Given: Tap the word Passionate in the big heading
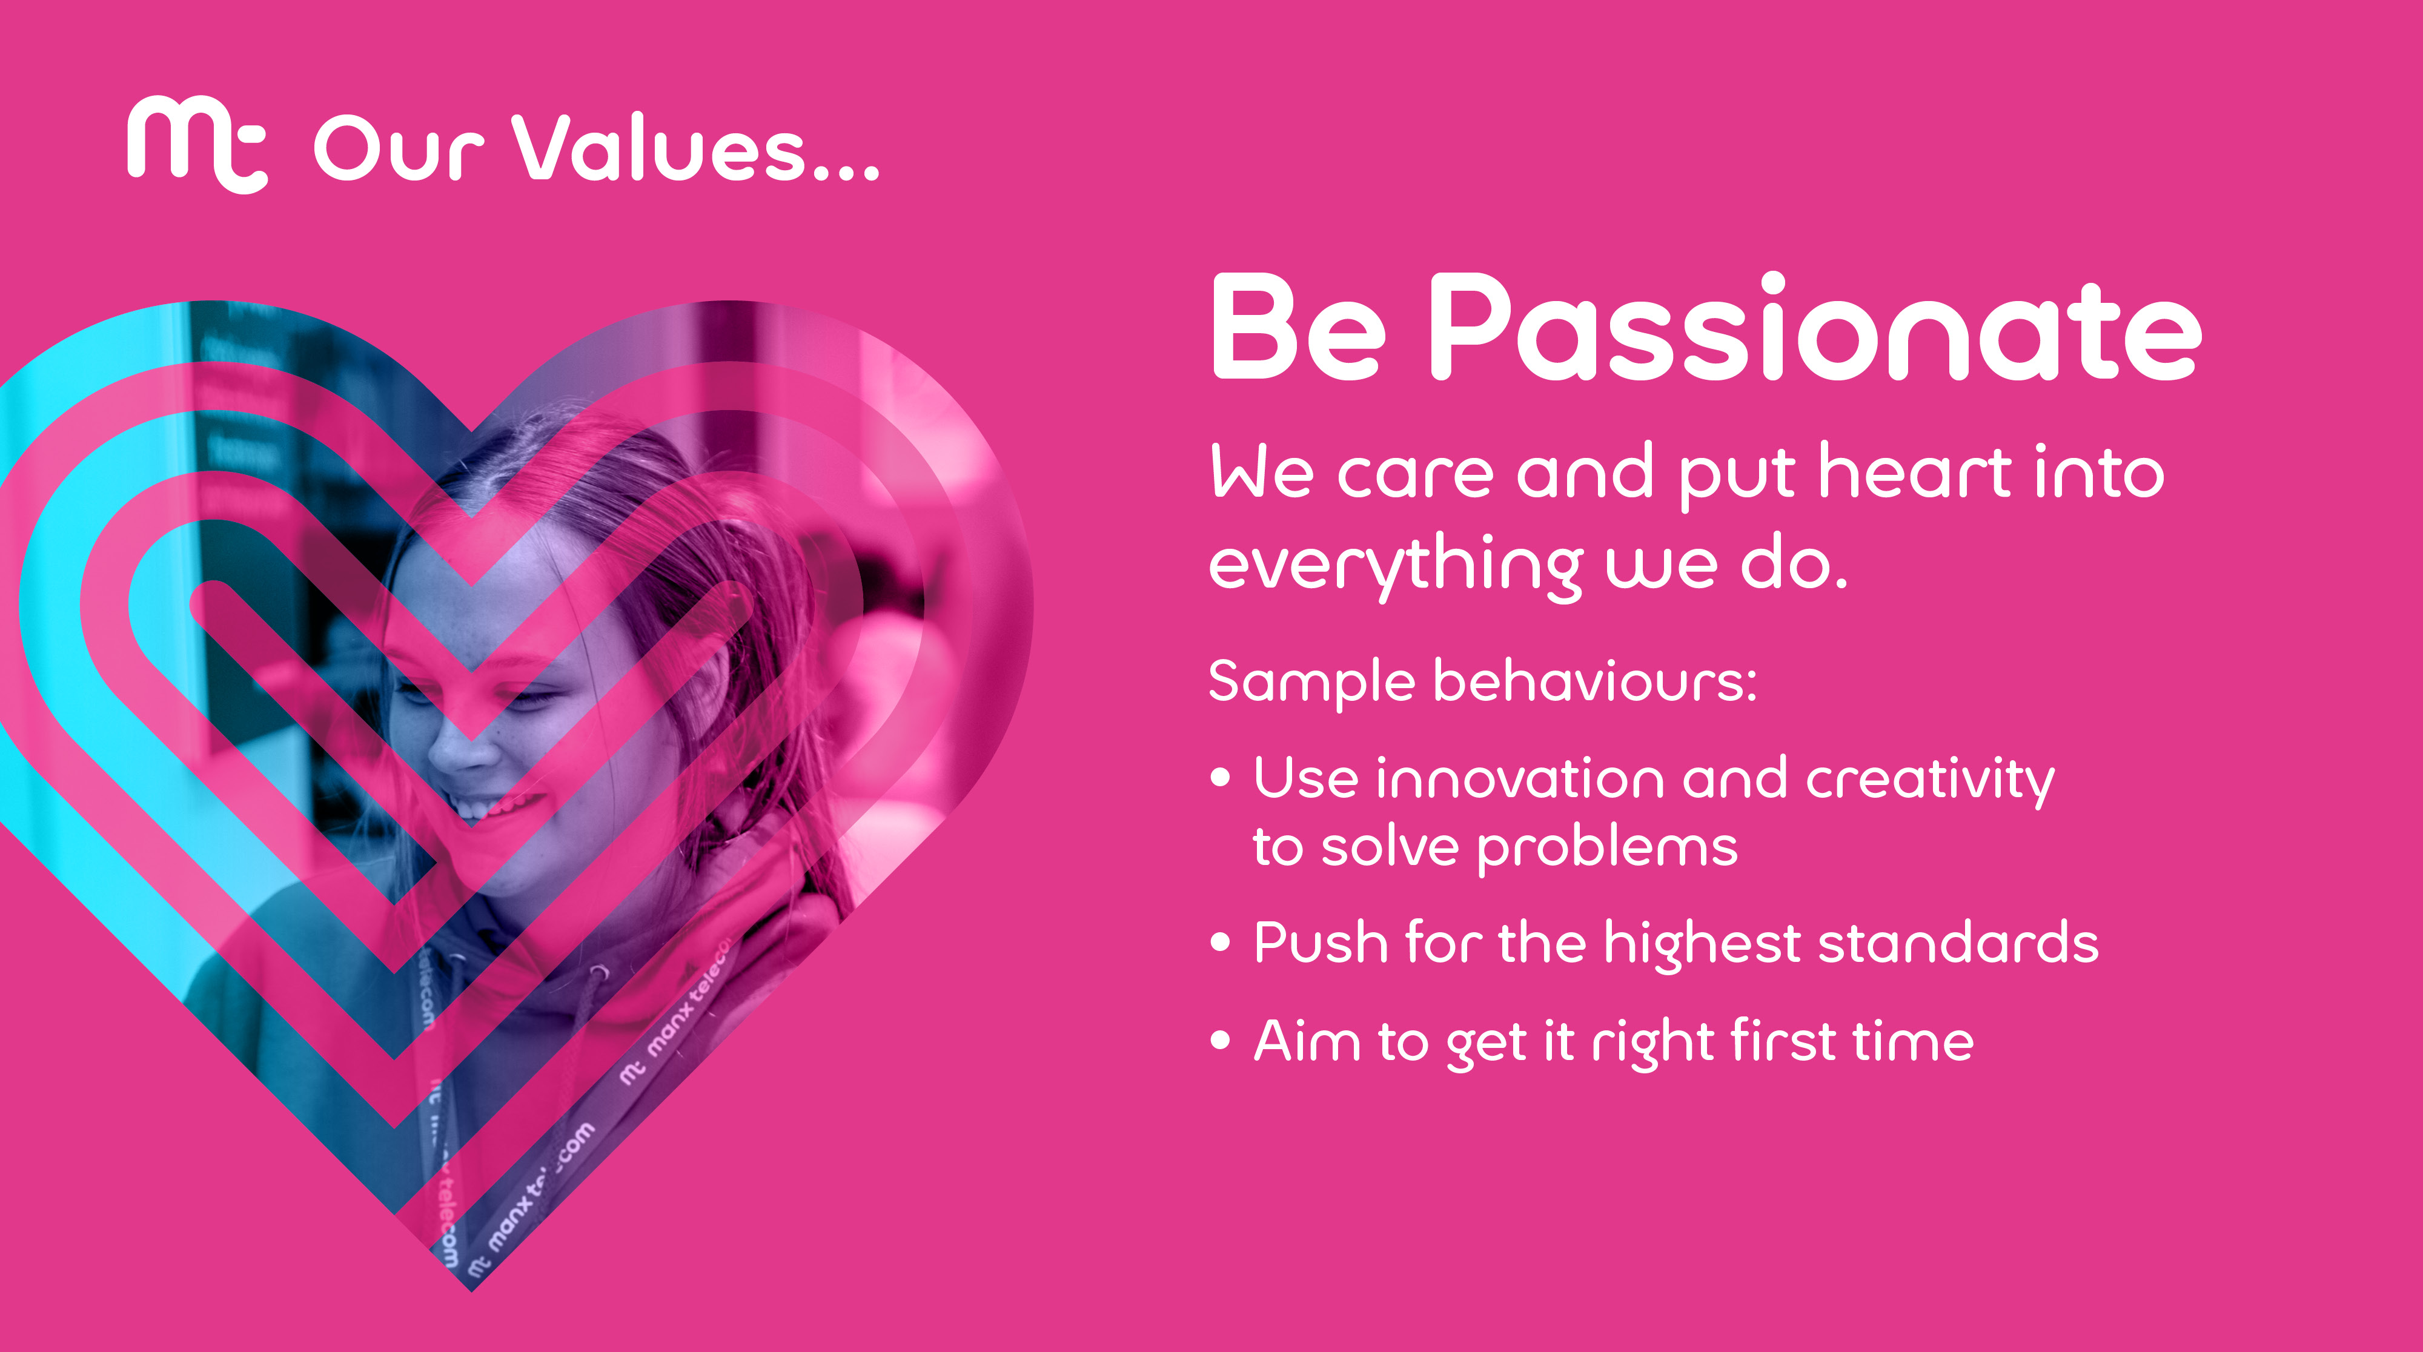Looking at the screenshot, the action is (1815, 326).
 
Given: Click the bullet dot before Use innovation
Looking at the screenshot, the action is (1221, 777).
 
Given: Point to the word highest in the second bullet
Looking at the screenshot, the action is (1703, 944).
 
